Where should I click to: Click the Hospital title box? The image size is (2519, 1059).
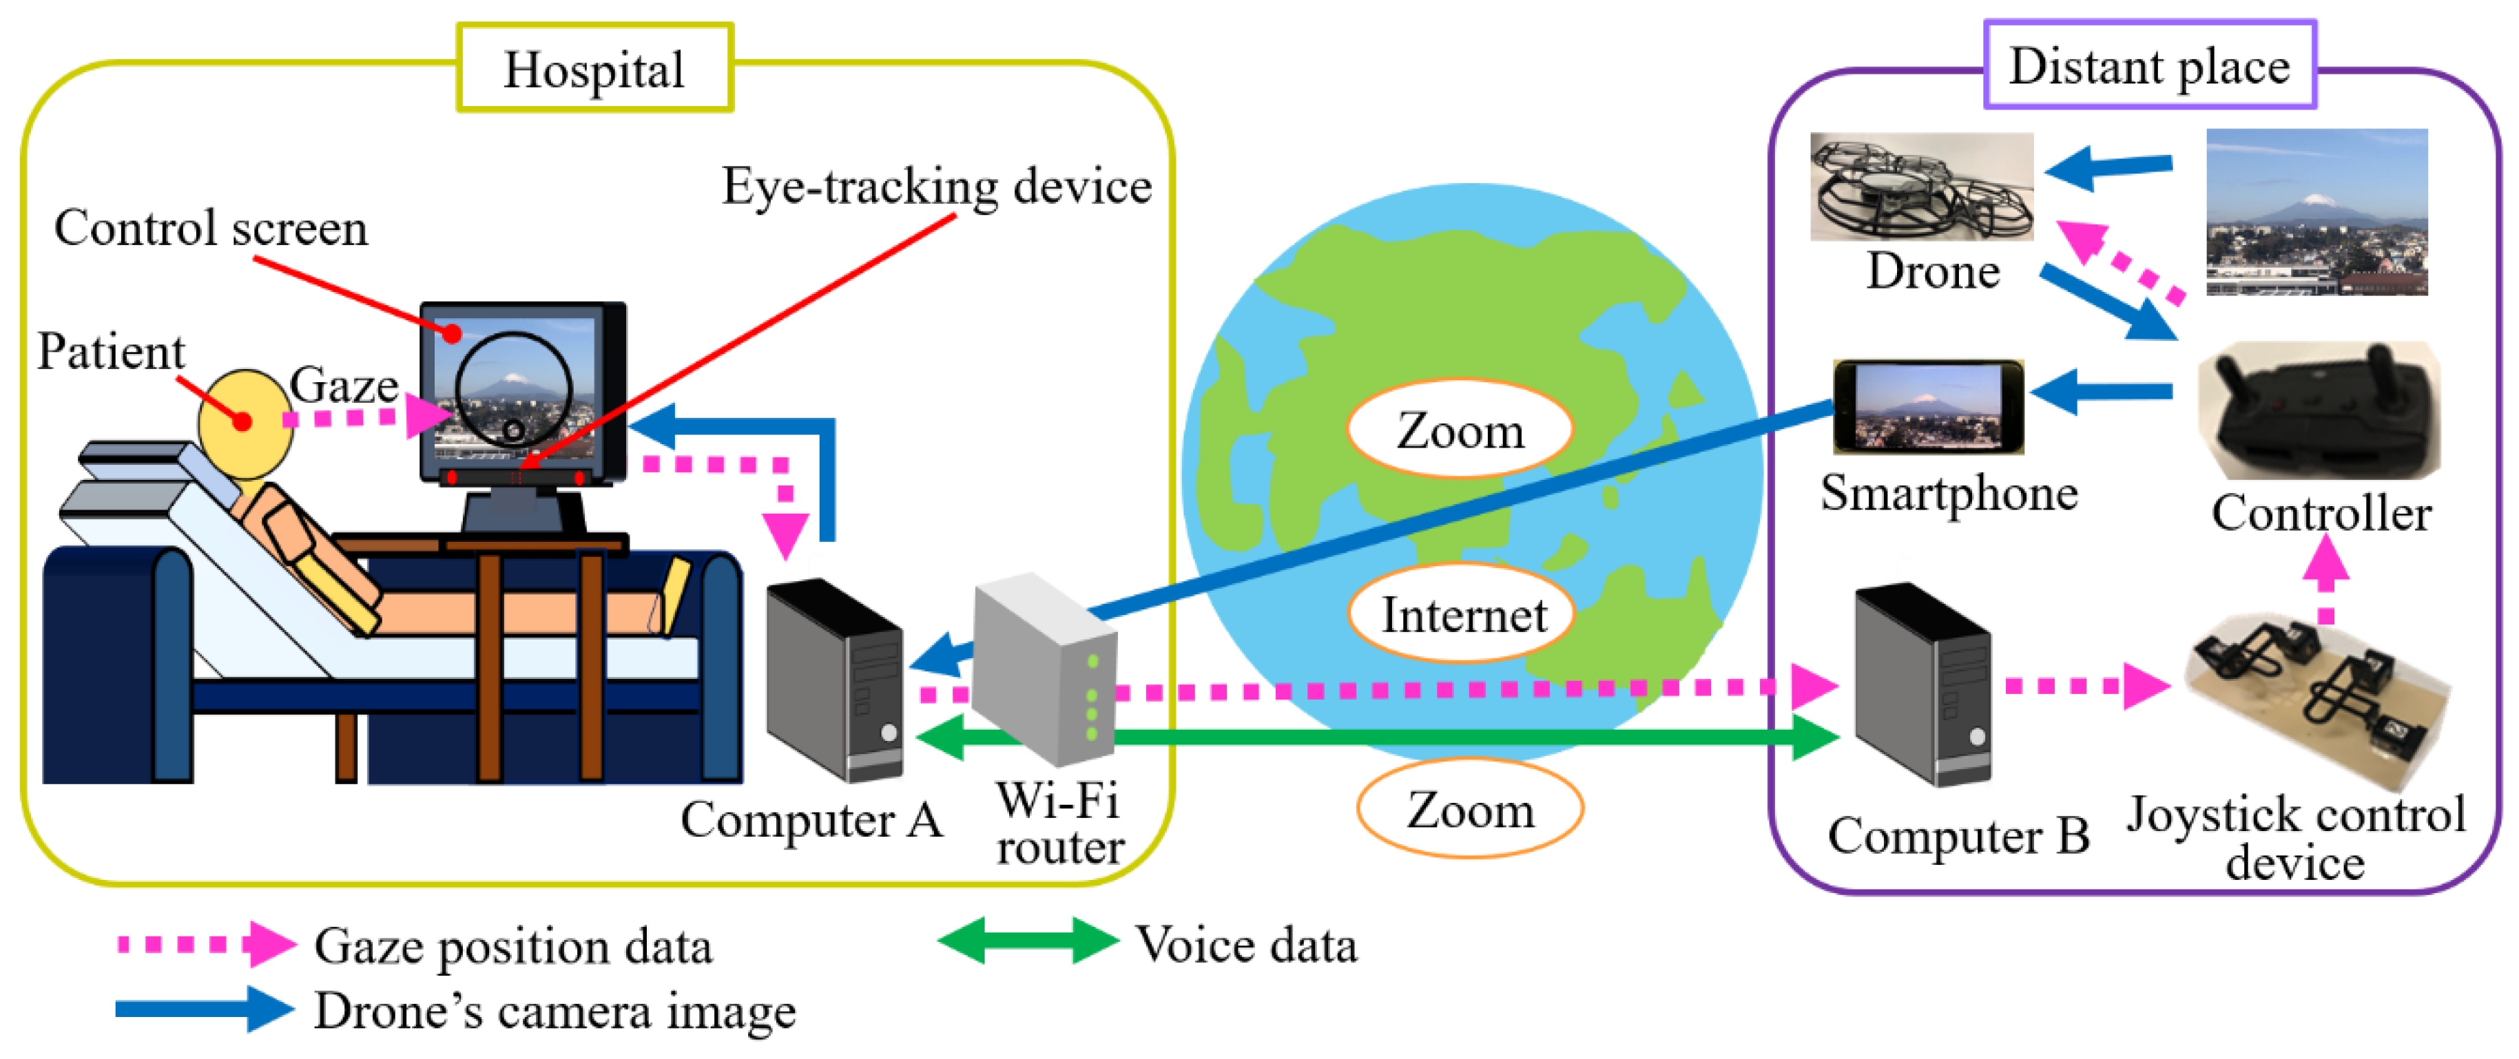594,68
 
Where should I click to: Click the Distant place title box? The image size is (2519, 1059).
2148,65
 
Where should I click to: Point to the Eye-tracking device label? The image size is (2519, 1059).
936,186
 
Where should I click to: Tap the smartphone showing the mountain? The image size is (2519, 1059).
1927,406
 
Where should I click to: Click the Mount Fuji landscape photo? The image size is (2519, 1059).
2316,212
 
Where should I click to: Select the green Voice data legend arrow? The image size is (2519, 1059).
1027,941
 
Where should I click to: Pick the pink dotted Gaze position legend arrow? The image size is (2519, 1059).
205,943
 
